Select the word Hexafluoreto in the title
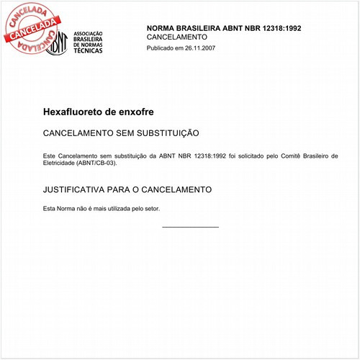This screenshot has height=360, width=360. point(73,113)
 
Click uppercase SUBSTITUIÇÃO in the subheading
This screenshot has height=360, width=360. point(164,134)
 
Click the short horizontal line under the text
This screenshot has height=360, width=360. point(190,227)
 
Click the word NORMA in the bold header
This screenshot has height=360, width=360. point(162,27)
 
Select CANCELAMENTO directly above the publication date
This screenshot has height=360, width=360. point(177,37)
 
